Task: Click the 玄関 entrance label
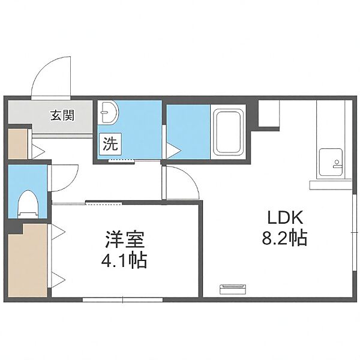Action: (x=62, y=115)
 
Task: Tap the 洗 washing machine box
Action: (x=110, y=144)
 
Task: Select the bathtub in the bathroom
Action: (x=229, y=133)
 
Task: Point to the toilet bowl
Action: (x=28, y=203)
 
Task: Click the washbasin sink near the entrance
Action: (x=108, y=112)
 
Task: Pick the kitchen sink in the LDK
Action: (x=331, y=162)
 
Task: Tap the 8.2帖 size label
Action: (x=284, y=238)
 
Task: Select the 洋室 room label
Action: (x=125, y=240)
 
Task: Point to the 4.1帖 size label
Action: (x=124, y=261)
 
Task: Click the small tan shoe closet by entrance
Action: (x=18, y=144)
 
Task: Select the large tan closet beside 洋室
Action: (x=28, y=260)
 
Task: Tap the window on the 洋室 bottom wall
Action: (x=122, y=300)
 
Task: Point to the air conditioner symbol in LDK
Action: (x=233, y=289)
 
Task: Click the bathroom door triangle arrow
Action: (x=173, y=151)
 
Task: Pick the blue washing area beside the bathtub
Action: (x=188, y=132)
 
